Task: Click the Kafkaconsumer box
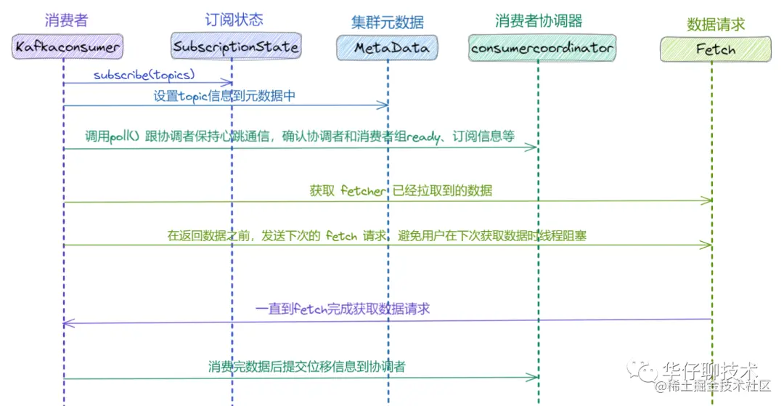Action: point(68,47)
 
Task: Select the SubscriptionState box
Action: point(236,47)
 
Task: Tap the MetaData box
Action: point(391,48)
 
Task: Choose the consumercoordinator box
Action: point(542,48)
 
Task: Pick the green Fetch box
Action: point(715,49)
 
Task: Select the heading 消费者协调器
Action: point(539,20)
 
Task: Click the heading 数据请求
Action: point(716,24)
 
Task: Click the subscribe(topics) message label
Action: point(144,75)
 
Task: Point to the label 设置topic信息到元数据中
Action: point(224,95)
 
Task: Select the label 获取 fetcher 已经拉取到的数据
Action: point(401,190)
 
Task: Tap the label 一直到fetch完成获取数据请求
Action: point(342,309)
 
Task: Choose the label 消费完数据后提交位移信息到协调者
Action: point(306,367)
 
